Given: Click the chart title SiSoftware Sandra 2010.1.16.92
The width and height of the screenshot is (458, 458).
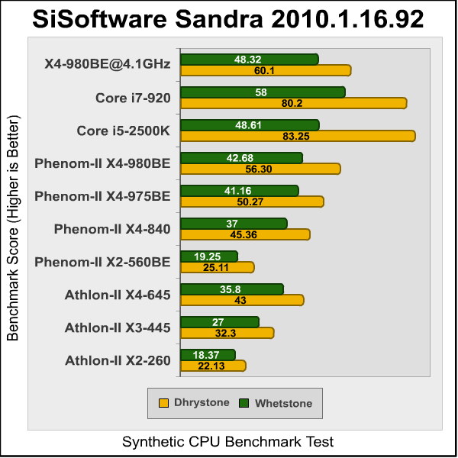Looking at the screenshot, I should pos(228,19).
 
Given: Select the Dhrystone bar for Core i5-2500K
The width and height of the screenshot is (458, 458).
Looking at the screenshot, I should pos(297,136).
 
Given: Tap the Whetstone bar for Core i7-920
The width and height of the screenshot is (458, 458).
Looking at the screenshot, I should pos(262,92).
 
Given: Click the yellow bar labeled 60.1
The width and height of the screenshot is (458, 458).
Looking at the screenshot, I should pos(265,70).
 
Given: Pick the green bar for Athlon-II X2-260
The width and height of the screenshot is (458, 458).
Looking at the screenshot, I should pos(207,354).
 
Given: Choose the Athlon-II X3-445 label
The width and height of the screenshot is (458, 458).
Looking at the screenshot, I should pos(118,327).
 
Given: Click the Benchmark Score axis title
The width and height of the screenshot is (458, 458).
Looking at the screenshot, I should pos(13,229).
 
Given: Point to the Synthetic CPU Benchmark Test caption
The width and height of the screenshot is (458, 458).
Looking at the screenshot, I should pos(228,442).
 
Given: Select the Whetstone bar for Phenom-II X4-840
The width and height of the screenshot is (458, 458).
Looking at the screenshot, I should pos(233,223).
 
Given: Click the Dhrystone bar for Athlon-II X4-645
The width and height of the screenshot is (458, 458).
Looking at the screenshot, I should pos(241,300).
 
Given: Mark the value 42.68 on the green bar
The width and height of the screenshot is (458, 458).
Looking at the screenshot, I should pos(240,158).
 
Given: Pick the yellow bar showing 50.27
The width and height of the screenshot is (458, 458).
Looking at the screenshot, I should pos(251,202).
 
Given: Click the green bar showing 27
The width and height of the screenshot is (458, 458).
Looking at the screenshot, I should pos(218,321).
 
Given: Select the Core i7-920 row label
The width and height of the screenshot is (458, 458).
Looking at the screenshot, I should pos(133,97).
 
